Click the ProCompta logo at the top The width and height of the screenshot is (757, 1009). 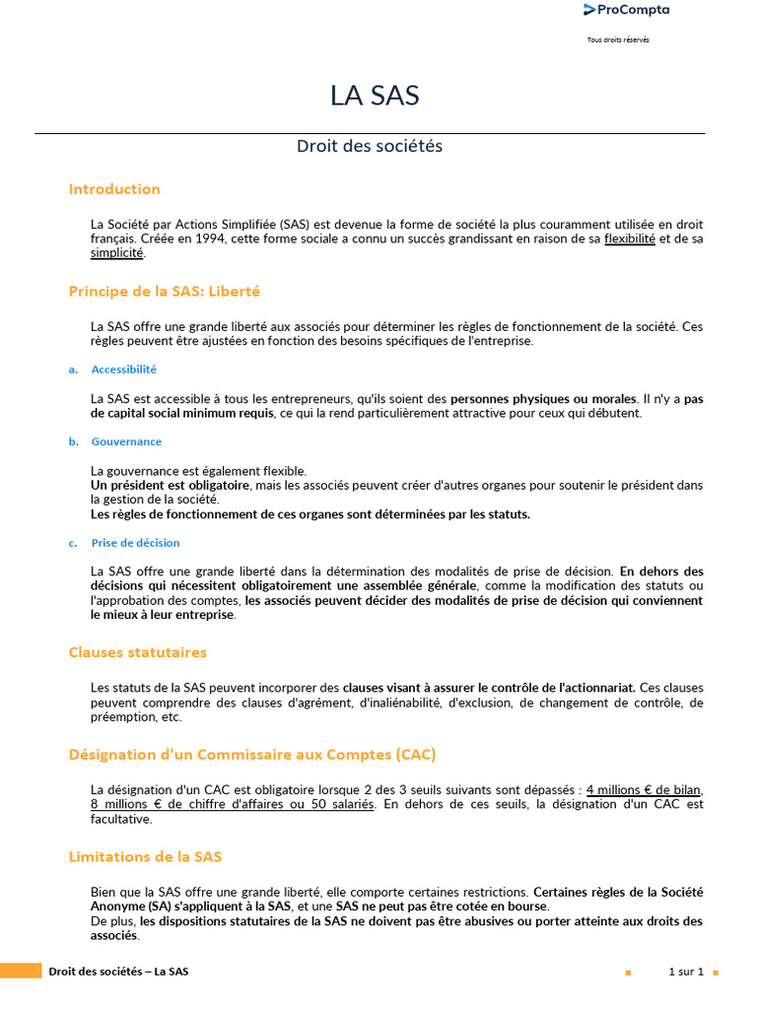pos(626,10)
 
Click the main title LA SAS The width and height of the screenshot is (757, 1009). pos(375,96)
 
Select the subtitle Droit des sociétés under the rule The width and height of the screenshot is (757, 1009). pos(370,146)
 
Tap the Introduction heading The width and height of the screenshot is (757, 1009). pos(114,189)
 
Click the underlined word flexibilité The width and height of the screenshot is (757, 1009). pos(630,238)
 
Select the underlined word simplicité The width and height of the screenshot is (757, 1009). pos(116,252)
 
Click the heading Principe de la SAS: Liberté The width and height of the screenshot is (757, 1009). pos(165,292)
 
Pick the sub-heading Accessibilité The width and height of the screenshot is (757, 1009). pos(123,370)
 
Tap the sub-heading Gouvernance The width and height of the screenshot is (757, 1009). pos(126,441)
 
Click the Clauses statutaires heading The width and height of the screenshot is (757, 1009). pos(138,652)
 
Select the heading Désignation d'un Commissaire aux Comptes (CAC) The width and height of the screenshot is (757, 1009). pos(252,755)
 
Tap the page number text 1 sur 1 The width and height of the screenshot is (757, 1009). pos(686,972)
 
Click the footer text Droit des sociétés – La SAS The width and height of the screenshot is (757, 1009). pos(118,972)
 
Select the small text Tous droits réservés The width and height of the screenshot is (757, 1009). pos(618,40)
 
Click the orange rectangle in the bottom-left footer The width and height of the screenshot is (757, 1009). pos(21,972)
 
